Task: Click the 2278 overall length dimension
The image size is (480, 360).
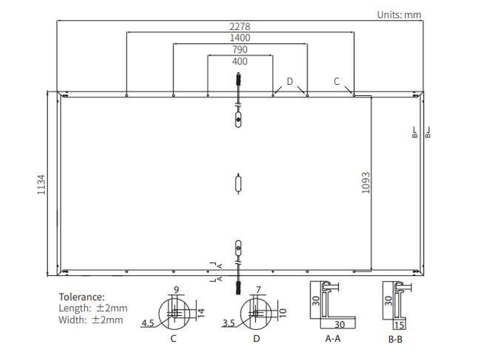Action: pos(240,27)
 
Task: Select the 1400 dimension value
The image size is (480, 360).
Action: pos(240,38)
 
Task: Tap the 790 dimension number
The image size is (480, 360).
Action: pos(240,49)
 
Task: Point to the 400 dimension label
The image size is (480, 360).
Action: pos(240,61)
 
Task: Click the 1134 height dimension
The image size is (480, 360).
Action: pos(41,184)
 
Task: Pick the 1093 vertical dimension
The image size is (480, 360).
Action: pos(366,183)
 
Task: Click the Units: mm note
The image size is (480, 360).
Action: pos(399,15)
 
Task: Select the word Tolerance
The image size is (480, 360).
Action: pos(82,297)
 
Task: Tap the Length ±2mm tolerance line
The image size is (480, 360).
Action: pos(93,308)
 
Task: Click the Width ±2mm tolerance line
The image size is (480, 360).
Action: pos(91,320)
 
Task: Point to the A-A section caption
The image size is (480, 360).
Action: pos(333,338)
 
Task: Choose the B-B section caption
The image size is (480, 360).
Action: pos(395,339)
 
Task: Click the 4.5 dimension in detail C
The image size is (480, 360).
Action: pos(148,323)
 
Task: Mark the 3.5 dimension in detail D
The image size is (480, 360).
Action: pos(229,323)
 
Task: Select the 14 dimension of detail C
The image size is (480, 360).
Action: pos(201,313)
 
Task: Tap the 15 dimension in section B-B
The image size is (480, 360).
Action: pos(399,325)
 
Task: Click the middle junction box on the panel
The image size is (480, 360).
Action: pos(238,184)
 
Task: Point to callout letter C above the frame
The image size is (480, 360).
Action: pos(337,81)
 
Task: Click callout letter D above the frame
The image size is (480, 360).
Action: pos(290,81)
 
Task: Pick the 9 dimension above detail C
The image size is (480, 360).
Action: pos(176,289)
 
